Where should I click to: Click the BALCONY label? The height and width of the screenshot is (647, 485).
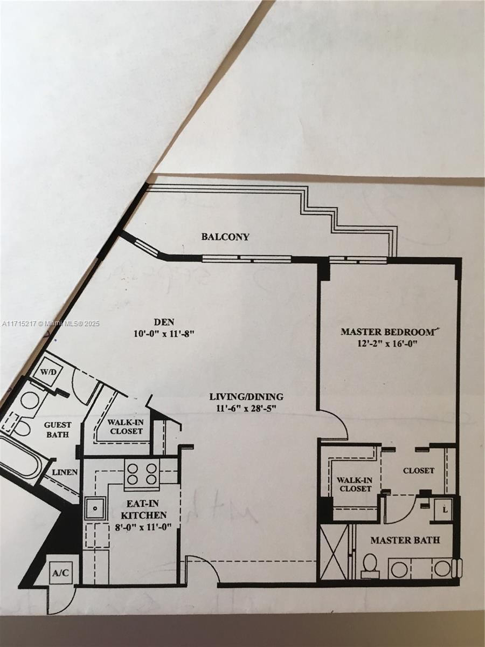[225, 237]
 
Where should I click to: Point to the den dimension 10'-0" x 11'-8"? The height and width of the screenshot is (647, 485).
[164, 334]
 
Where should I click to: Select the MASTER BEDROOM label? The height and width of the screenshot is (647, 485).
[387, 332]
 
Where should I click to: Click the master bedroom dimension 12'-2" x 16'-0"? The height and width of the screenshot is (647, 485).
[387, 343]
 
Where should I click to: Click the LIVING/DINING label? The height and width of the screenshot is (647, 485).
[246, 397]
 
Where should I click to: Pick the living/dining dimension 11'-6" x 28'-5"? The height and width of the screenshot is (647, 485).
[246, 409]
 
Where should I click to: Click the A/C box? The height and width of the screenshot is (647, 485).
[60, 573]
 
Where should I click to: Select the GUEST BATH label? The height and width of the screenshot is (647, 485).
[57, 429]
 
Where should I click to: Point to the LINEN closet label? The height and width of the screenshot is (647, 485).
[65, 472]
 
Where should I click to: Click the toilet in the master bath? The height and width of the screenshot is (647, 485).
[370, 565]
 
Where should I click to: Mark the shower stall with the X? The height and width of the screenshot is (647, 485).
[333, 551]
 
